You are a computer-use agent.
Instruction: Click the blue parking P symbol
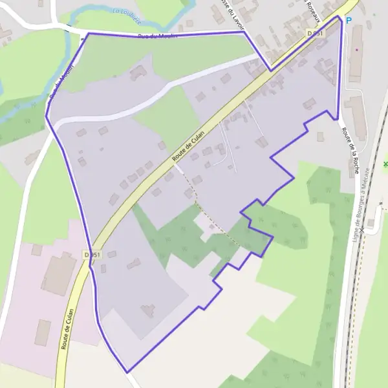(349, 21)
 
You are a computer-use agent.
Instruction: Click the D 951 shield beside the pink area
(92, 255)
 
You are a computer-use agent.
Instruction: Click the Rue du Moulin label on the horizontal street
(158, 36)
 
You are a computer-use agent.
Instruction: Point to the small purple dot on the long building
(356, 49)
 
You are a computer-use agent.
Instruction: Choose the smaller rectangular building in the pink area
(43, 332)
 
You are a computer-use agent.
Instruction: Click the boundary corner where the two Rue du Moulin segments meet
(88, 33)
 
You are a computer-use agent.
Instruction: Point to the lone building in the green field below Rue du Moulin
(137, 72)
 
